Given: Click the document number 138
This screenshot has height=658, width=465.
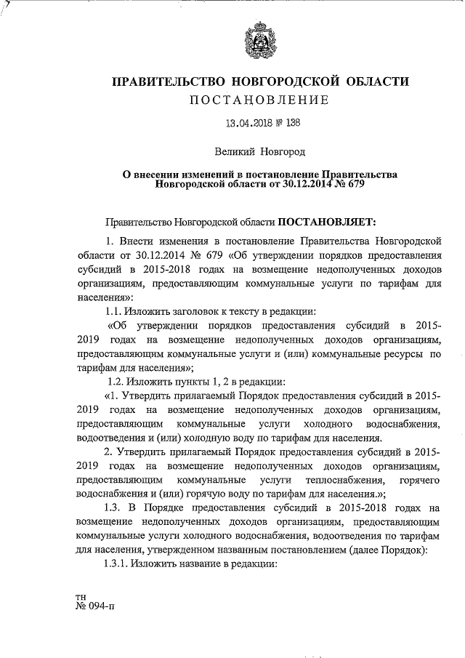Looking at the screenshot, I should coord(288,123).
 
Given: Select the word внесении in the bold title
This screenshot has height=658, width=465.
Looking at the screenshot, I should coord(160,174).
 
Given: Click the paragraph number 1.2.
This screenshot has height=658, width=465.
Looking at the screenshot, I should coord(116,382).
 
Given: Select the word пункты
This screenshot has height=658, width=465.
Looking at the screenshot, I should coord(192,382).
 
